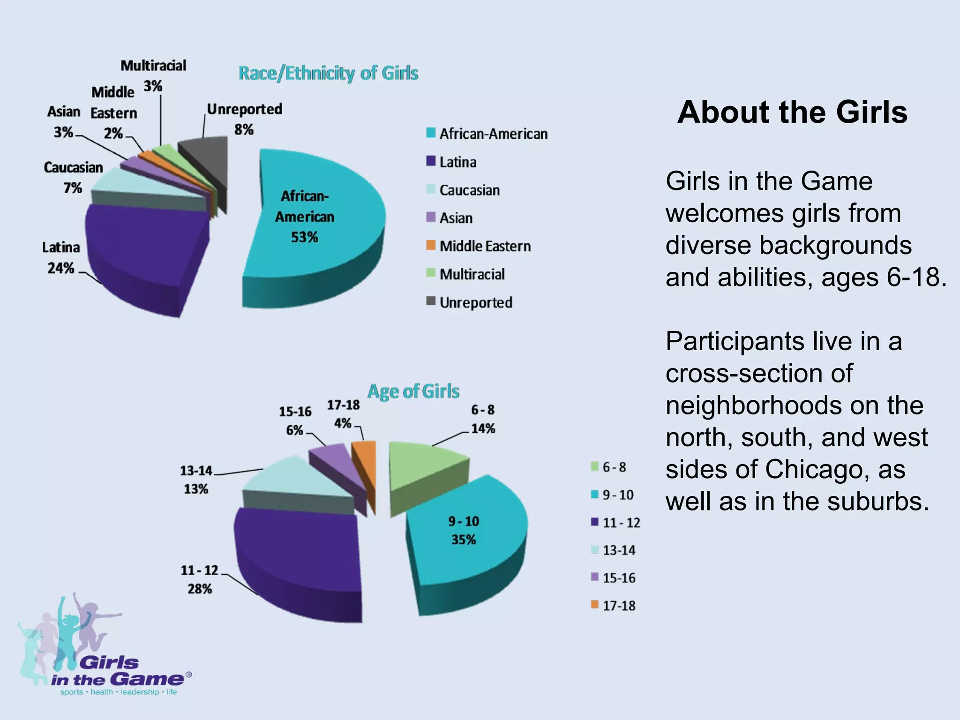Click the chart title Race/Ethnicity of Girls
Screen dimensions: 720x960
pyautogui.click(x=328, y=74)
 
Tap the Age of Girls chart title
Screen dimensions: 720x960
pyautogui.click(x=413, y=391)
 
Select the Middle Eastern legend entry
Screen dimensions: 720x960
pyautogui.click(x=485, y=246)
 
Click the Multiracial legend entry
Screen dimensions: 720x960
pyautogui.click(x=472, y=274)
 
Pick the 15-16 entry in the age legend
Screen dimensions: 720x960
pyautogui.click(x=618, y=578)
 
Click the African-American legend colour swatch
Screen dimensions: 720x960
pyautogui.click(x=431, y=133)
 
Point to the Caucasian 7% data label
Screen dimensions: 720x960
pyautogui.click(x=73, y=178)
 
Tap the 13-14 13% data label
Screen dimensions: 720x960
pyautogui.click(x=196, y=480)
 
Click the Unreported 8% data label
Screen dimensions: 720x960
pyautogui.click(x=244, y=119)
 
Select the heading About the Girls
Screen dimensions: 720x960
pyautogui.click(x=792, y=112)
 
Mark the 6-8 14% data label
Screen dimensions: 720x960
pyautogui.click(x=483, y=419)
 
